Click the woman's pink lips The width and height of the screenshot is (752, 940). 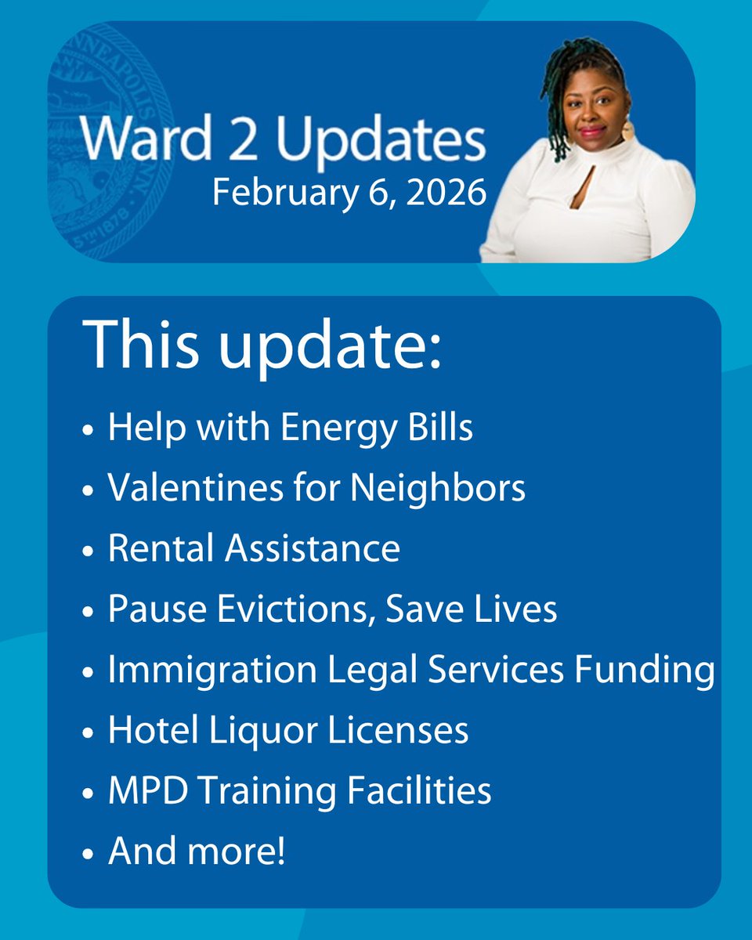(x=591, y=131)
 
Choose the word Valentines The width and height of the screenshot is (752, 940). (x=195, y=489)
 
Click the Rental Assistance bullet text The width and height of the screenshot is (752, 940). (x=254, y=549)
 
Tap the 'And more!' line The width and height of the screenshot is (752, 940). (x=196, y=851)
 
